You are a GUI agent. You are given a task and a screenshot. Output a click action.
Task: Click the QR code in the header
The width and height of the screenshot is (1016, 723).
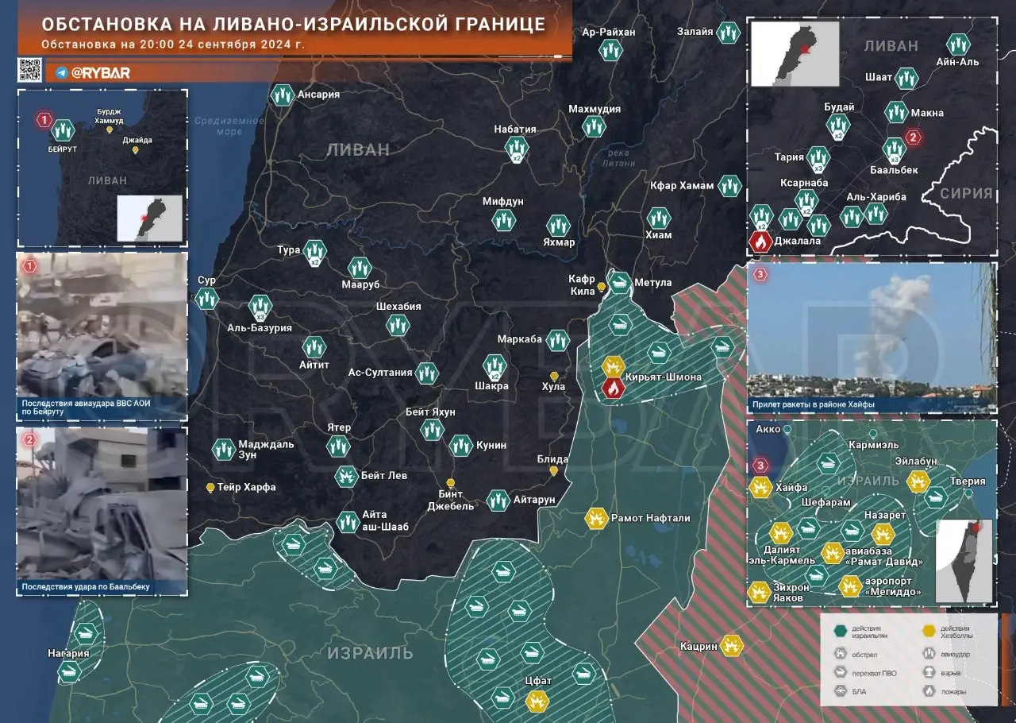pos(29,70)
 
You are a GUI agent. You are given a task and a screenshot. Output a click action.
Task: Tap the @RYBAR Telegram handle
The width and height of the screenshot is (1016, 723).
pos(100,73)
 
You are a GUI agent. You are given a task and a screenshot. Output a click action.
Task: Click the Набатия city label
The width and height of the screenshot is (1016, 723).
pos(514,130)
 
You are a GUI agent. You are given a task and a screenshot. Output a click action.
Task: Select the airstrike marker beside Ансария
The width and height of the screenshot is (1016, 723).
pos(281,95)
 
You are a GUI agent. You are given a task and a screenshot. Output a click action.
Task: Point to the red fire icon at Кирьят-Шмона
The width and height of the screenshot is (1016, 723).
pos(613,388)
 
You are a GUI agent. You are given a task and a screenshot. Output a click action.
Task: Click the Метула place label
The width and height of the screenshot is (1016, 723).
pos(653,283)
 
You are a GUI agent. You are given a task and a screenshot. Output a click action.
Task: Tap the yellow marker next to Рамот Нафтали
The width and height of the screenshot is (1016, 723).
pos(595,518)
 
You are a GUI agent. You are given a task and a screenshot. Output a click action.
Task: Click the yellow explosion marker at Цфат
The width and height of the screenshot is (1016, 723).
pos(537,701)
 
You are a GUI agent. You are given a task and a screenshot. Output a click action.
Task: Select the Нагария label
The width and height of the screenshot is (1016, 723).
pos(67,654)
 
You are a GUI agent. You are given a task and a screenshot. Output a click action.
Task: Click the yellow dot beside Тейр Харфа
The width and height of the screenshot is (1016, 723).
pos(210,487)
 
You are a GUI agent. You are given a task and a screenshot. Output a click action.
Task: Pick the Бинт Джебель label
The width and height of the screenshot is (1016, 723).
pos(451,500)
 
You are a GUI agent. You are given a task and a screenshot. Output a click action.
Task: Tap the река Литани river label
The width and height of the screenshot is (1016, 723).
pos(619,158)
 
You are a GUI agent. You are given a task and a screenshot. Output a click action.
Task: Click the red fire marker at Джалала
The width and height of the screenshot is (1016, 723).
pos(760,242)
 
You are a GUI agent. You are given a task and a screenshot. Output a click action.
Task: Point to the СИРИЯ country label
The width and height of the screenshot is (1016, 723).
pos(965,193)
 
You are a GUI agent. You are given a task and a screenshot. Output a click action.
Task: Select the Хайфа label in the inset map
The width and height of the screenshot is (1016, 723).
pos(791,487)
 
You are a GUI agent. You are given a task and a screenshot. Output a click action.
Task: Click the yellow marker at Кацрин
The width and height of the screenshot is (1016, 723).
pos(732,646)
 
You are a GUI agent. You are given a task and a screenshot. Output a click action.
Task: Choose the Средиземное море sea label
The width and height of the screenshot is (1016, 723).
pos(229,126)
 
